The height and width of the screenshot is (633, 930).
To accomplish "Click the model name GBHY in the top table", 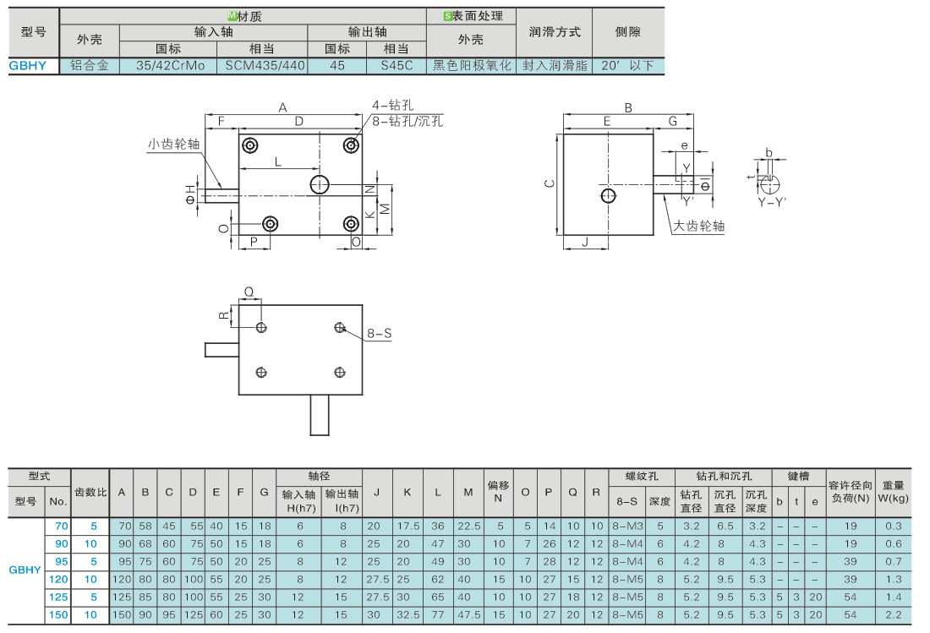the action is point(27,66).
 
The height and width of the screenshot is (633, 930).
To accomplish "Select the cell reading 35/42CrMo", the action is point(170,66).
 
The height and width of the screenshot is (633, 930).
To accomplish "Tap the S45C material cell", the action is point(397,66).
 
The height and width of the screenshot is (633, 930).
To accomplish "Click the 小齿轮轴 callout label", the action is point(174,144).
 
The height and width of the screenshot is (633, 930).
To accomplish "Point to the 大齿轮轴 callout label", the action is point(698,226).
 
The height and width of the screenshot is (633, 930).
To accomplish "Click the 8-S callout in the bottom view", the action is point(379,334).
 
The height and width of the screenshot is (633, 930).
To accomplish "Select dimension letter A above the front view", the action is point(283,108).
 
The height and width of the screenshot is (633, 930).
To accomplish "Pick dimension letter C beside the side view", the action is point(550,183).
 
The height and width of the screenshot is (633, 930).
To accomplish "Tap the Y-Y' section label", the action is point(772,203).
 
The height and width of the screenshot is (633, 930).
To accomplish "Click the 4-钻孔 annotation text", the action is point(392,106).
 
